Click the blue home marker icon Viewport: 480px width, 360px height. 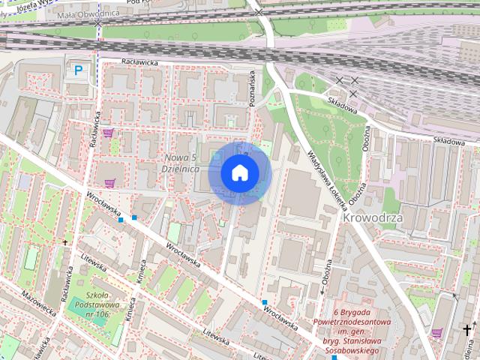pyautogui.click(x=239, y=172)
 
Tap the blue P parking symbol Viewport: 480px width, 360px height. pyautogui.click(x=78, y=71)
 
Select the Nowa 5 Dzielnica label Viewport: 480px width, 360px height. pyautogui.click(x=181, y=163)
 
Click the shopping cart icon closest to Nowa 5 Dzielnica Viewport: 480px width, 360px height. pyautogui.click(x=110, y=182)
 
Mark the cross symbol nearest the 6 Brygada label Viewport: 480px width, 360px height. pyautogui.click(x=468, y=329)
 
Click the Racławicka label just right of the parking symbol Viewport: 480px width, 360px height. pyautogui.click(x=139, y=63)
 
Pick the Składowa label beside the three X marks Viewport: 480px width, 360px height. pyautogui.click(x=341, y=105)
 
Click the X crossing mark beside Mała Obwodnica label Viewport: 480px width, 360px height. pyautogui.click(x=98, y=23)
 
